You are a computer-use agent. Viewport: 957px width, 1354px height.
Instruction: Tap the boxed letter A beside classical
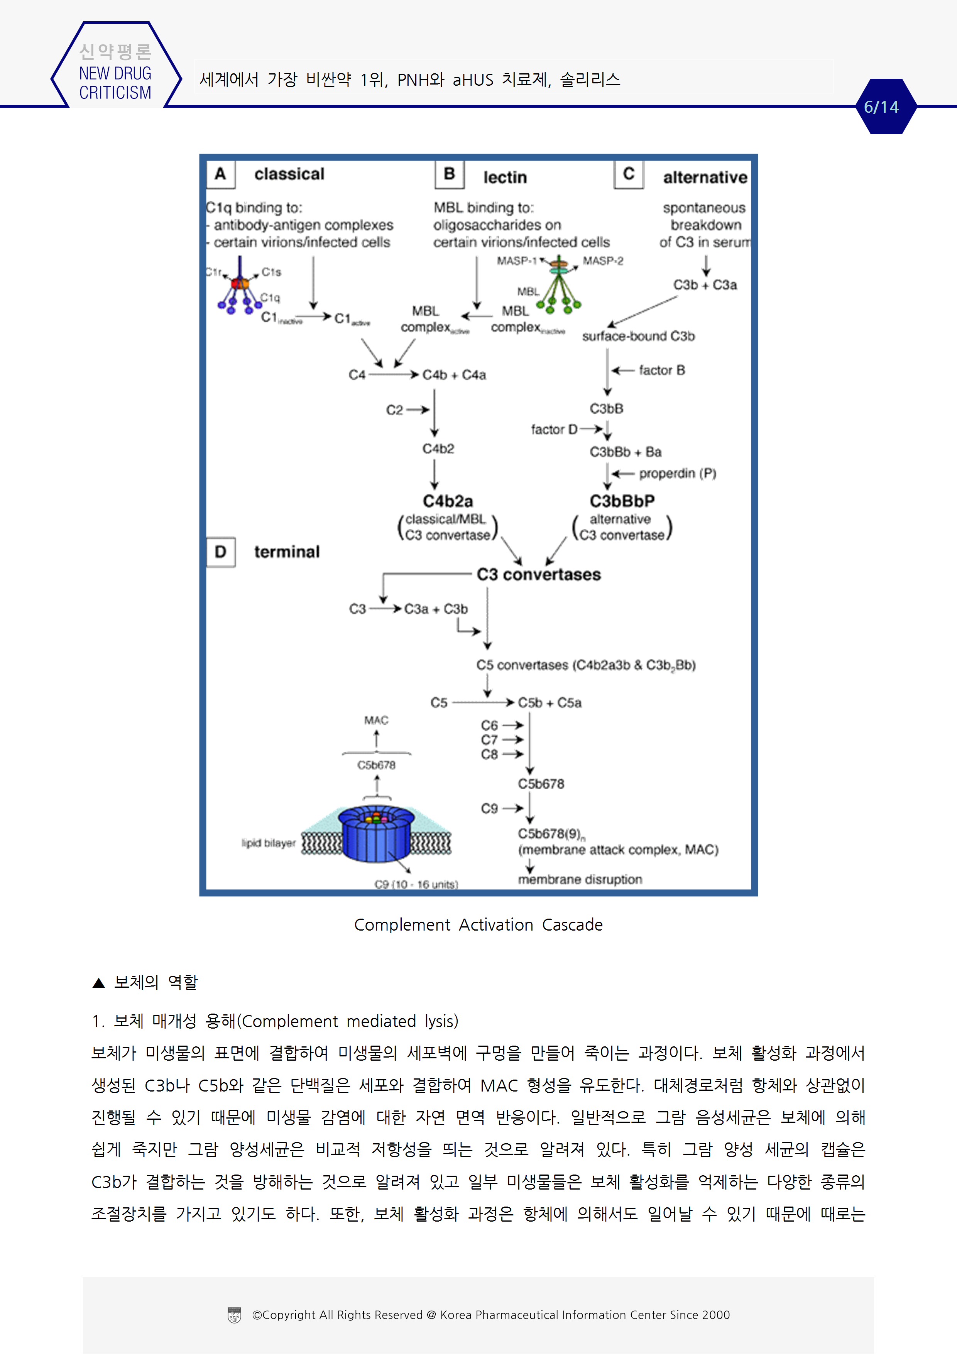click(x=220, y=174)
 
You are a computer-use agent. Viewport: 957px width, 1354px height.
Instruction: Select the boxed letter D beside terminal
click(x=220, y=552)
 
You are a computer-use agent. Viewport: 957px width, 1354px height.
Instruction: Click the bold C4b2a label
click(x=448, y=501)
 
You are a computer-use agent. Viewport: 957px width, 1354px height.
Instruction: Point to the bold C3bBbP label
click(x=622, y=501)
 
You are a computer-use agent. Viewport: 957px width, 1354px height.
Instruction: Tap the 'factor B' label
click(x=661, y=371)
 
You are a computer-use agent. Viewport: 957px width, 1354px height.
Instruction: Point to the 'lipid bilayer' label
click(x=268, y=843)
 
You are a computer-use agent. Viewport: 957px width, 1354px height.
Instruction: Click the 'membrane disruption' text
click(x=580, y=880)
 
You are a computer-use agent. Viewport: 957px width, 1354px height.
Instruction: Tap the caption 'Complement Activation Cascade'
click(x=478, y=925)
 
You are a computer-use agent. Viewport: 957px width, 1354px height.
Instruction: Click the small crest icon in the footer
click(x=234, y=1315)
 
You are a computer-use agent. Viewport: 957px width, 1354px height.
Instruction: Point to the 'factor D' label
click(x=554, y=429)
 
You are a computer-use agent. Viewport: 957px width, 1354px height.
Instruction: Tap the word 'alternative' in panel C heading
click(x=705, y=178)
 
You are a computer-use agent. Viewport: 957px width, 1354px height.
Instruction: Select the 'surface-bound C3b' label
click(x=639, y=336)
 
